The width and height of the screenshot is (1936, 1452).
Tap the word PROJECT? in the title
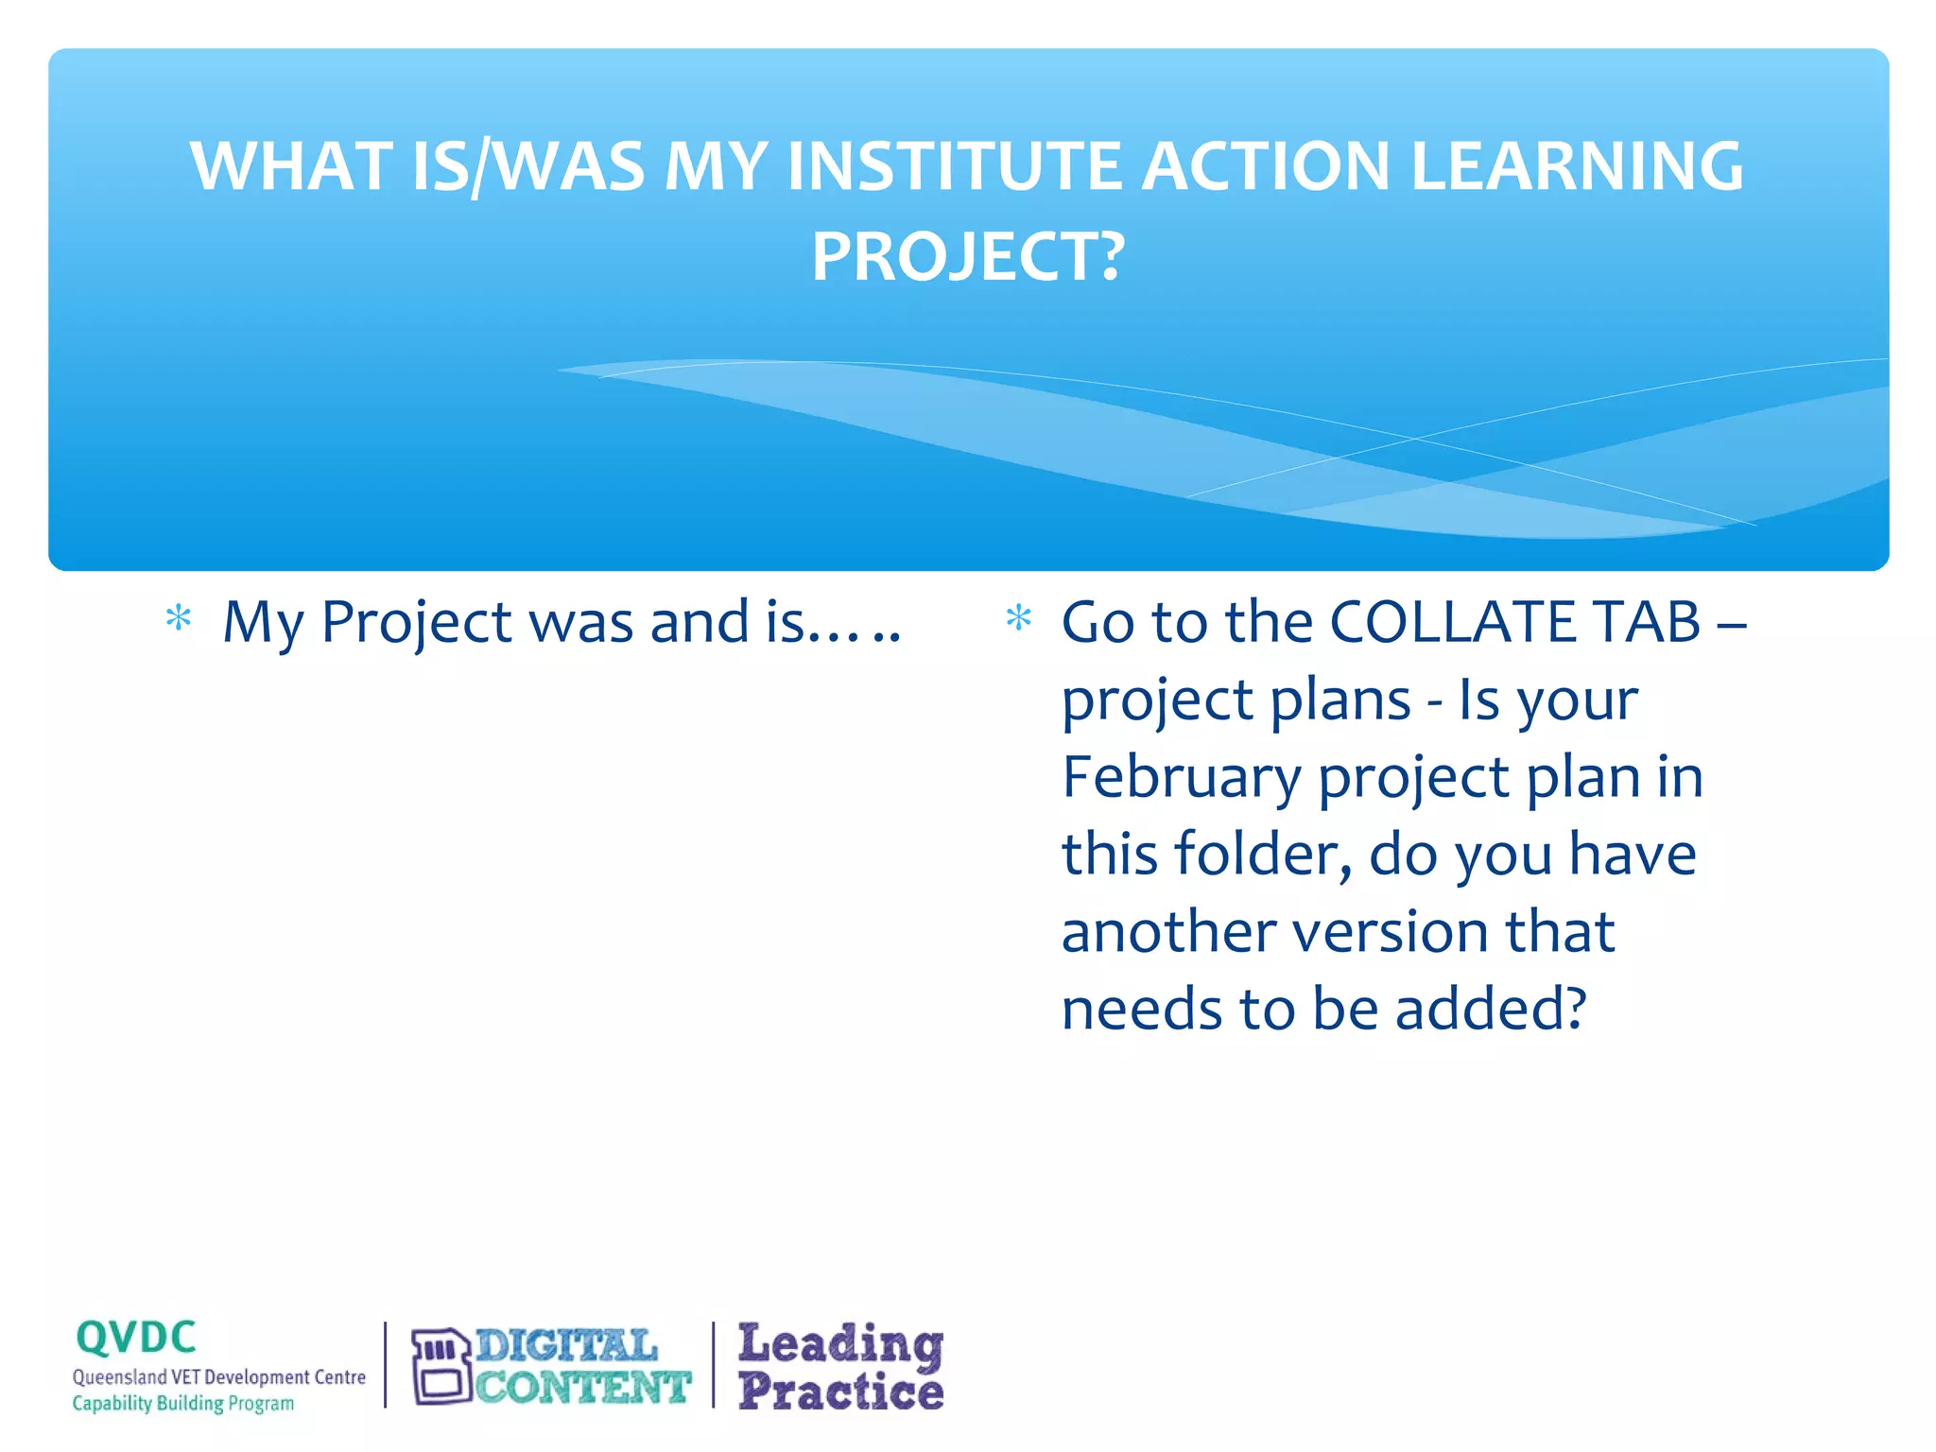(x=968, y=257)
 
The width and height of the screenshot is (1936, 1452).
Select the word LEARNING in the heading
(x=1576, y=166)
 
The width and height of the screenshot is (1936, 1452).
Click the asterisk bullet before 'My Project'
(x=178, y=620)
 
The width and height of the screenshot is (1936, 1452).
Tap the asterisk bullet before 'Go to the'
(x=1018, y=620)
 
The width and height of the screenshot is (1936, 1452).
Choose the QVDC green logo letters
(x=136, y=1338)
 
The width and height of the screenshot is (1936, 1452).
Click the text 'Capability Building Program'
(x=183, y=1404)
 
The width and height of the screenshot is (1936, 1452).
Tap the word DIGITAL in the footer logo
(x=566, y=1346)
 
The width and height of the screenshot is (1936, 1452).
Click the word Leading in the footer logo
(x=840, y=1343)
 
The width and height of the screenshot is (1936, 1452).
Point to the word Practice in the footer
(x=840, y=1391)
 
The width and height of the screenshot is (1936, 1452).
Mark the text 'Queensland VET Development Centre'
(x=219, y=1377)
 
